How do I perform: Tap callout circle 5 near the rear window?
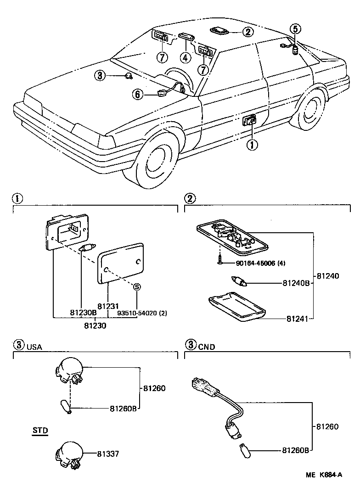295,28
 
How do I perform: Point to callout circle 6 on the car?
137,94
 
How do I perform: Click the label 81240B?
297,284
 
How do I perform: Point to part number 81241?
297,318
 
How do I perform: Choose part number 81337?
108,454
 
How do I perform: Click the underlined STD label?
40,431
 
